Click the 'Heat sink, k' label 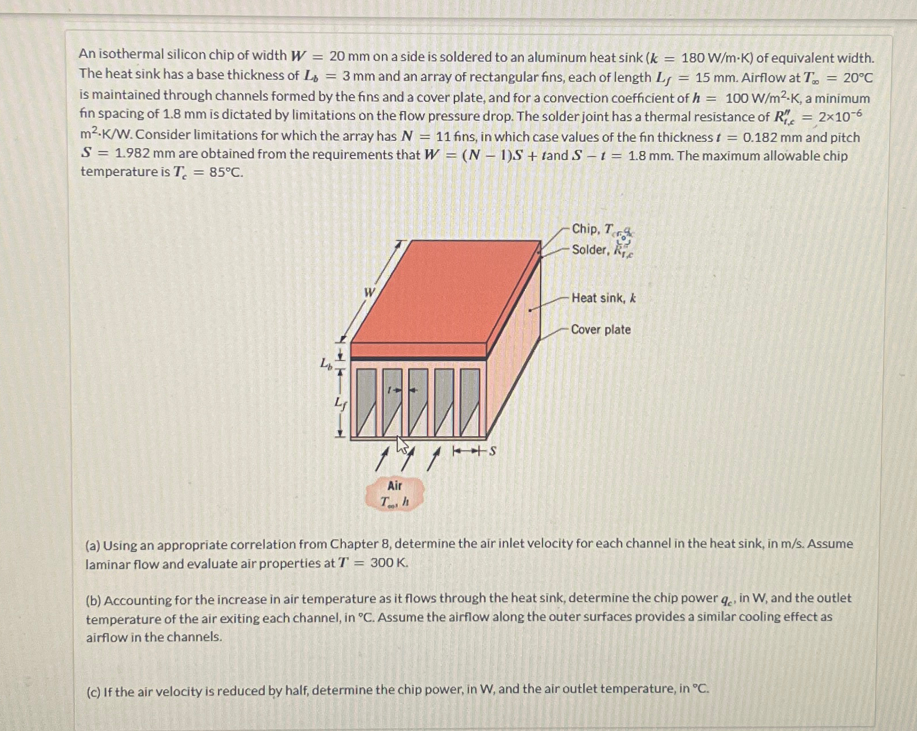click(603, 298)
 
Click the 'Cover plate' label click(600, 329)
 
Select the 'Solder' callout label click(590, 249)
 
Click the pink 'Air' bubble click(394, 494)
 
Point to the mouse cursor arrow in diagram click(402, 445)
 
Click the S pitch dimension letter click(492, 451)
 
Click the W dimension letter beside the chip click(370, 293)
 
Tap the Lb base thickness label click(325, 363)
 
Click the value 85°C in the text click(226, 172)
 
